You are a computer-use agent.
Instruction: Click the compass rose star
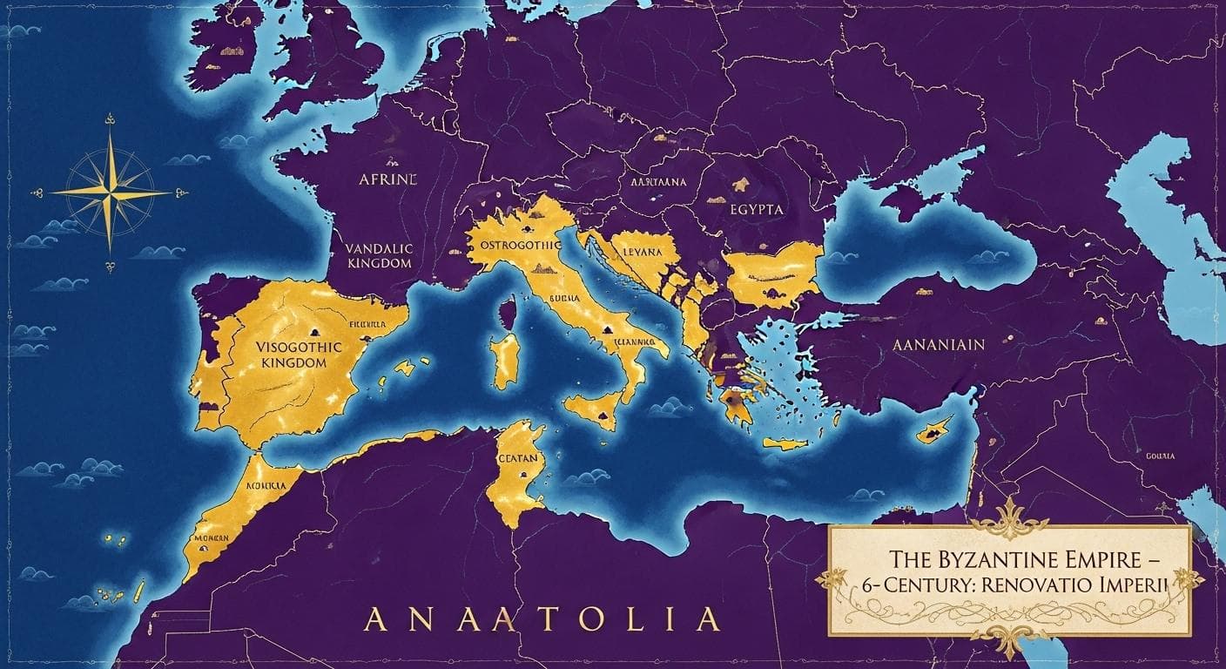tap(111, 192)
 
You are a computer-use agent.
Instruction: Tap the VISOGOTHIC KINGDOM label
tap(301, 354)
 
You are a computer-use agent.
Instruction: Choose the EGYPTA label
tap(757, 209)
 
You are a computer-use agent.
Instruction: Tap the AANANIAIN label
tap(939, 344)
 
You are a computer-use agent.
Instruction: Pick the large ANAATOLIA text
tap(541, 618)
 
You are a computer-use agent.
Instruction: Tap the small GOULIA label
tap(1161, 456)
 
